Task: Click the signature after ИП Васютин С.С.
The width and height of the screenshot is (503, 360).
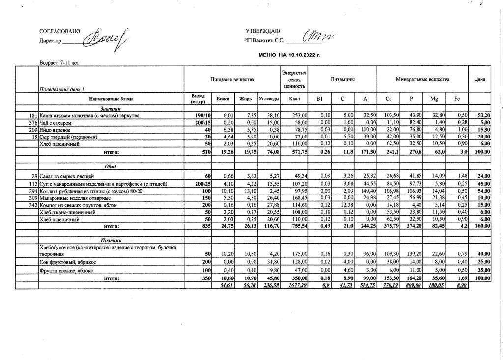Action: (319, 36)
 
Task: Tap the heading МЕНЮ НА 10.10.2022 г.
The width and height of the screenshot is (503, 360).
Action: (289, 55)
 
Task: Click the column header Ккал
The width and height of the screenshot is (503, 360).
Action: (294, 99)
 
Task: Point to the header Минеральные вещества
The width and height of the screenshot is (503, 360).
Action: (422, 79)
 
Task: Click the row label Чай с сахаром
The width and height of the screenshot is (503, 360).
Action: (55, 122)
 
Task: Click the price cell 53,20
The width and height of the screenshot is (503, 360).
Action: (483, 115)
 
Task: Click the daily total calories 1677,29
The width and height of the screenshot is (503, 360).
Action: (295, 286)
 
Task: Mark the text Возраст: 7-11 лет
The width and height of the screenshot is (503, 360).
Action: (59, 63)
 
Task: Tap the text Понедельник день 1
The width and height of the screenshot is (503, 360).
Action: (62, 89)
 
